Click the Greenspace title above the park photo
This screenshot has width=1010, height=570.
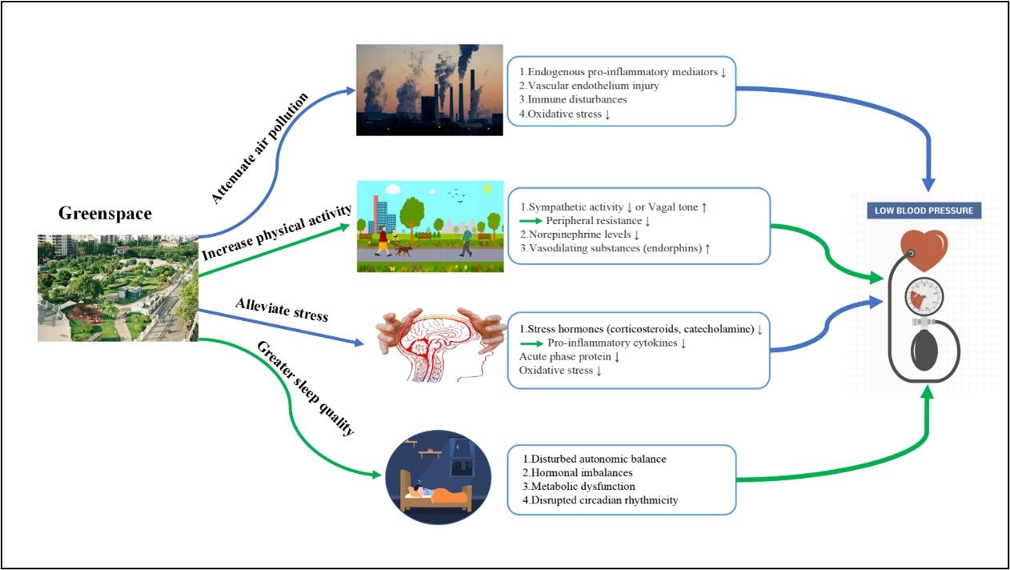tap(105, 214)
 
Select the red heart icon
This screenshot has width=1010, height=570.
tap(924, 250)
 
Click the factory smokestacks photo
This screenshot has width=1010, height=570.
tap(429, 89)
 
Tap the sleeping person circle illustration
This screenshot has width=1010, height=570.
tap(437, 476)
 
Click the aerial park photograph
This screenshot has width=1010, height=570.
tap(118, 287)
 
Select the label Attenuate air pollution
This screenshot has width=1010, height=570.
tap(260, 148)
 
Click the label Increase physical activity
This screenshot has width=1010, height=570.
tap(277, 233)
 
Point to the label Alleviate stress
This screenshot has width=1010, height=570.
tap(282, 309)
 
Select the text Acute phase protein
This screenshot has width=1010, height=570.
tap(569, 357)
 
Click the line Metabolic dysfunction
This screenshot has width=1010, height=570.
tap(579, 486)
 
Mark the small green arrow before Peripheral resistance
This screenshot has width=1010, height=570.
tap(531, 220)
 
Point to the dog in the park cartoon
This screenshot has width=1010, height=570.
tap(402, 251)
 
